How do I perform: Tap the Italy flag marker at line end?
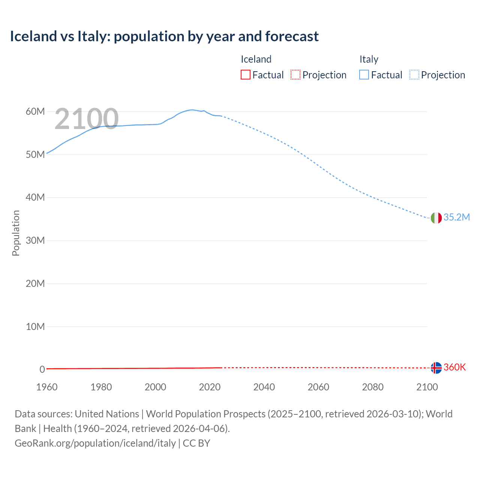pyautogui.click(x=436, y=218)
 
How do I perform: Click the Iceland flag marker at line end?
pyautogui.click(x=436, y=368)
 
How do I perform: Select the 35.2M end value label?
pyautogui.click(x=456, y=217)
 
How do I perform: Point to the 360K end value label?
pyautogui.click(x=454, y=367)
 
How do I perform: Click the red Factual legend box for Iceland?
pyautogui.click(x=245, y=75)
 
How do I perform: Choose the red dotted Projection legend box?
pyautogui.click(x=295, y=75)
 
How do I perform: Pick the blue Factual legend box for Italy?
pyautogui.click(x=364, y=75)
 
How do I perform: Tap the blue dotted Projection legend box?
pyautogui.click(x=414, y=75)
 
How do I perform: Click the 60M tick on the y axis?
pyautogui.click(x=35, y=112)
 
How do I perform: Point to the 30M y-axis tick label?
pyautogui.click(x=35, y=240)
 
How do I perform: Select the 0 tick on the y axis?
pyautogui.click(x=42, y=369)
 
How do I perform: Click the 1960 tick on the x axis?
pyautogui.click(x=47, y=387)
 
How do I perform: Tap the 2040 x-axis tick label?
pyautogui.click(x=264, y=387)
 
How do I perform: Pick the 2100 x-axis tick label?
pyautogui.click(x=427, y=387)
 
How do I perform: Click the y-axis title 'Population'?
pyautogui.click(x=16, y=233)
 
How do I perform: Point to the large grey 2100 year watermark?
pyautogui.click(x=87, y=119)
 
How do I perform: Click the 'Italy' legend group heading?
pyautogui.click(x=369, y=59)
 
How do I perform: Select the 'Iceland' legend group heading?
pyautogui.click(x=256, y=59)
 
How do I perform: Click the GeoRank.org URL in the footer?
pyautogui.click(x=95, y=443)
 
